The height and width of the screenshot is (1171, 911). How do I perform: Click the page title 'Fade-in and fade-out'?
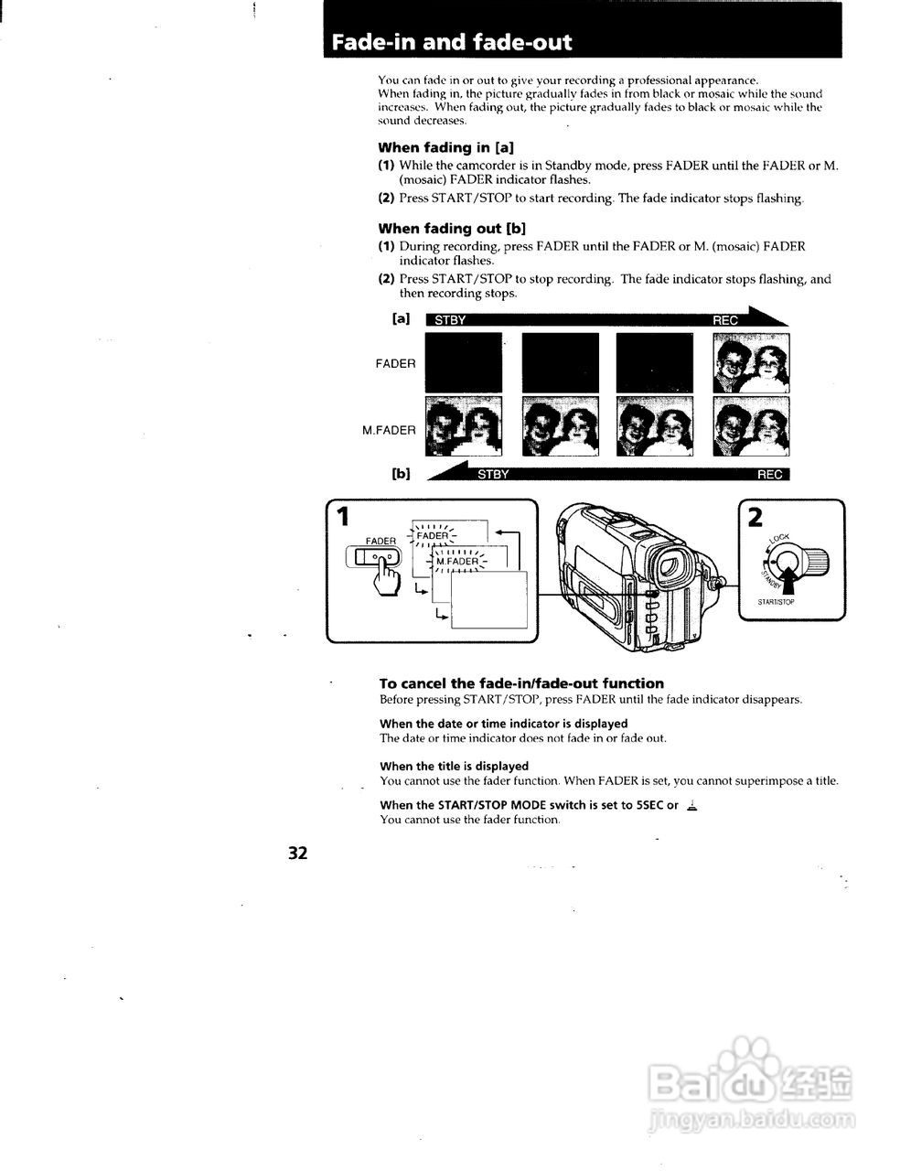[451, 42]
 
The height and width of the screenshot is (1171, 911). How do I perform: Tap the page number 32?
[298, 853]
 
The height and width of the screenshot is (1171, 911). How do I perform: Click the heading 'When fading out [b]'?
[451, 229]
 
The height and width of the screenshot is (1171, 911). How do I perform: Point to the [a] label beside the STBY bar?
[400, 319]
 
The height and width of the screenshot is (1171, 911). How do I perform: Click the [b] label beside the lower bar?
[401, 474]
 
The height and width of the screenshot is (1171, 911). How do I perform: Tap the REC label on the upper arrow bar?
[724, 320]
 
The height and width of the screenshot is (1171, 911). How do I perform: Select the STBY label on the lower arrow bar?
[493, 474]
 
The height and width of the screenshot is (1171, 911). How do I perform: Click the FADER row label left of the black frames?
[395, 363]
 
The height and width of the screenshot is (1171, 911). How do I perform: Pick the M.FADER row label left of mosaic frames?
[389, 430]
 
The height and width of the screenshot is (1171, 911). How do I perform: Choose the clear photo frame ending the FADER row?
[751, 363]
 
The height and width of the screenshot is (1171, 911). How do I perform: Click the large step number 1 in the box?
[343, 517]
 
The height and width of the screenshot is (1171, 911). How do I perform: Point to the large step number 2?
[755, 517]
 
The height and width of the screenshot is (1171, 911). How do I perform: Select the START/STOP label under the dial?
[776, 603]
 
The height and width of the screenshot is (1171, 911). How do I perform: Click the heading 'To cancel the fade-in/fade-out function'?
[521, 683]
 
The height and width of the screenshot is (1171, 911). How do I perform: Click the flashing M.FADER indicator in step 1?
[457, 561]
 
